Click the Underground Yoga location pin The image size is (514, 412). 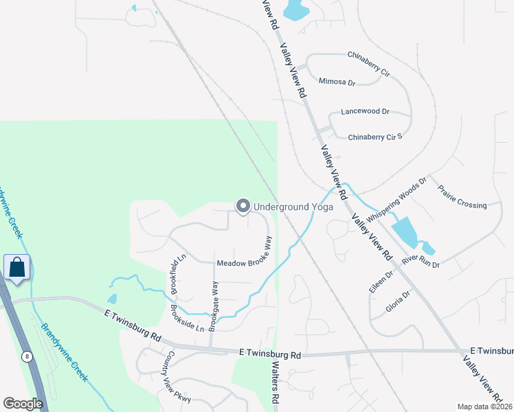243,206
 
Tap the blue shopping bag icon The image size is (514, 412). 16,267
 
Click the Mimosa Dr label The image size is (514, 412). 337,82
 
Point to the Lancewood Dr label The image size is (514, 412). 365,111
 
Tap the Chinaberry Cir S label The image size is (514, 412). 375,137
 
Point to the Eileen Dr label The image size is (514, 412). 381,282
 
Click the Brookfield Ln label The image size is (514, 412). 178,273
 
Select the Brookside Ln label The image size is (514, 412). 187,317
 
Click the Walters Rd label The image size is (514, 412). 276,382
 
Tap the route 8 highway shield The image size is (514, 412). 27,356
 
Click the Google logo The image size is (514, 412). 23,404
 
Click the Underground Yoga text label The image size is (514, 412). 293,207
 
